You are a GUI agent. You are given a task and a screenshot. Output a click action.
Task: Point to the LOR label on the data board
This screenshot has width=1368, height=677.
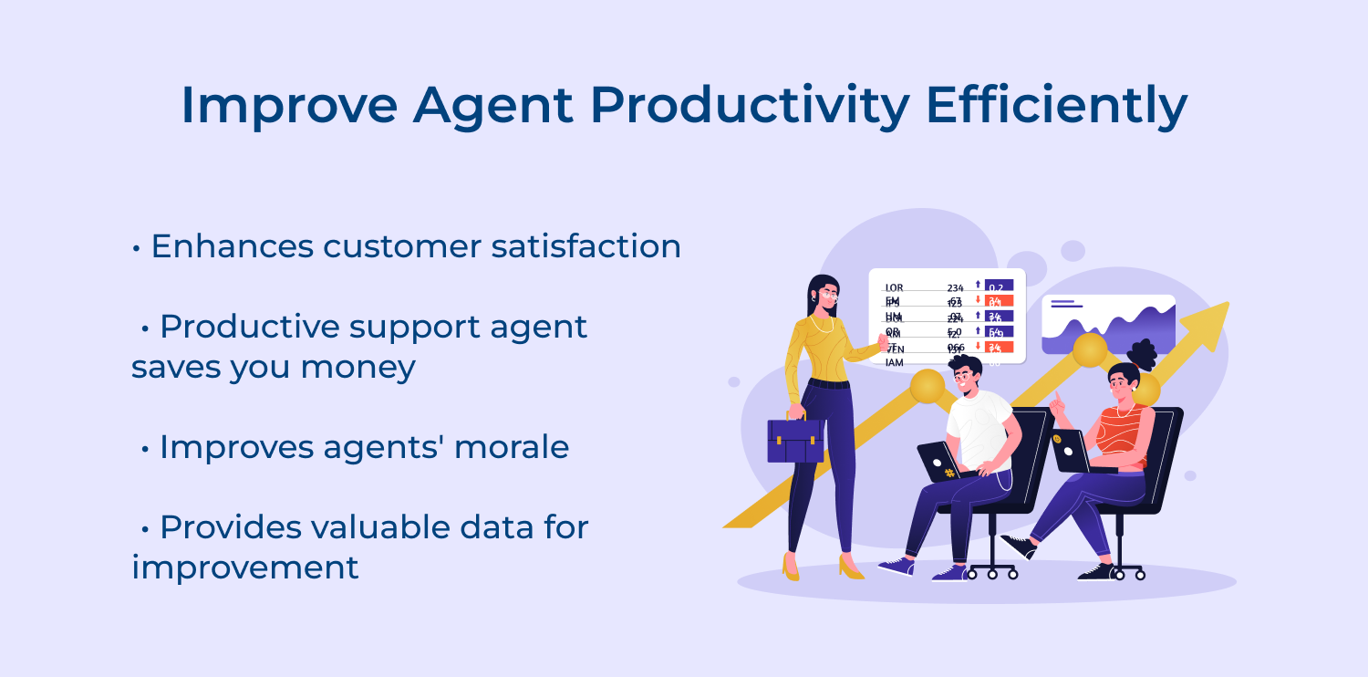(894, 288)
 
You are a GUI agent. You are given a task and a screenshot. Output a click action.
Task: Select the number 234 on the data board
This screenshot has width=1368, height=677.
(955, 288)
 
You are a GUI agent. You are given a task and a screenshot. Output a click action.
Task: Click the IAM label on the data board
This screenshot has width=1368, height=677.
(894, 362)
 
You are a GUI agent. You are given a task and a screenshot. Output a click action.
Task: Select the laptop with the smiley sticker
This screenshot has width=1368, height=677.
(1069, 451)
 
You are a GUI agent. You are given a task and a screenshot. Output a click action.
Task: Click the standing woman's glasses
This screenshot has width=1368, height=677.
(828, 295)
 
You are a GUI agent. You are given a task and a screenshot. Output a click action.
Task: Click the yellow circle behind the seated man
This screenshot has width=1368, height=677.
(928, 386)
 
